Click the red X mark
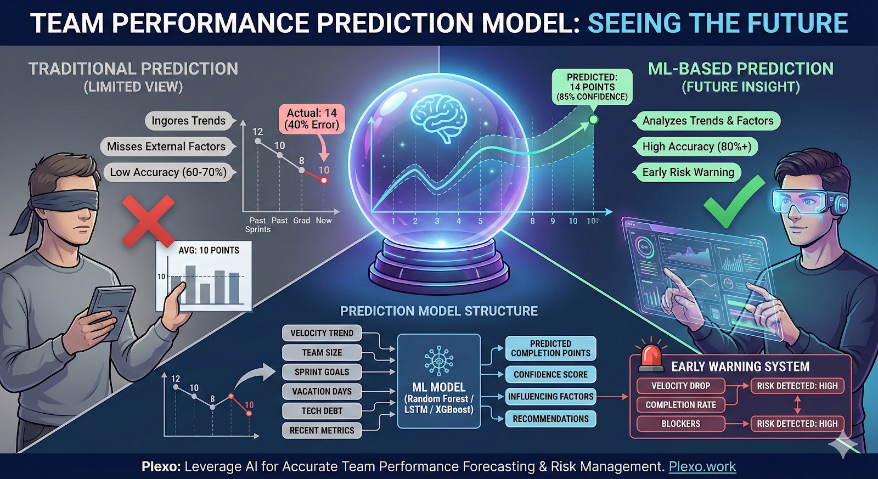coord(149,221)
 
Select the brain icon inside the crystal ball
coord(438,118)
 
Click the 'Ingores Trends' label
coord(189,121)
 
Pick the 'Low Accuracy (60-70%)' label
coord(168,172)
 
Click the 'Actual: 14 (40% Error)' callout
coord(312,119)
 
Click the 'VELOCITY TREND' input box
coord(322,333)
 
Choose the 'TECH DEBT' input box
coord(322,411)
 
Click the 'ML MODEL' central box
coord(438,381)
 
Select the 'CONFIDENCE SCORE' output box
coord(551,374)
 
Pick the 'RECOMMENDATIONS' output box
coord(551,419)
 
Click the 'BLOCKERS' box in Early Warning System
coord(681,424)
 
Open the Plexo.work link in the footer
coord(702,466)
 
